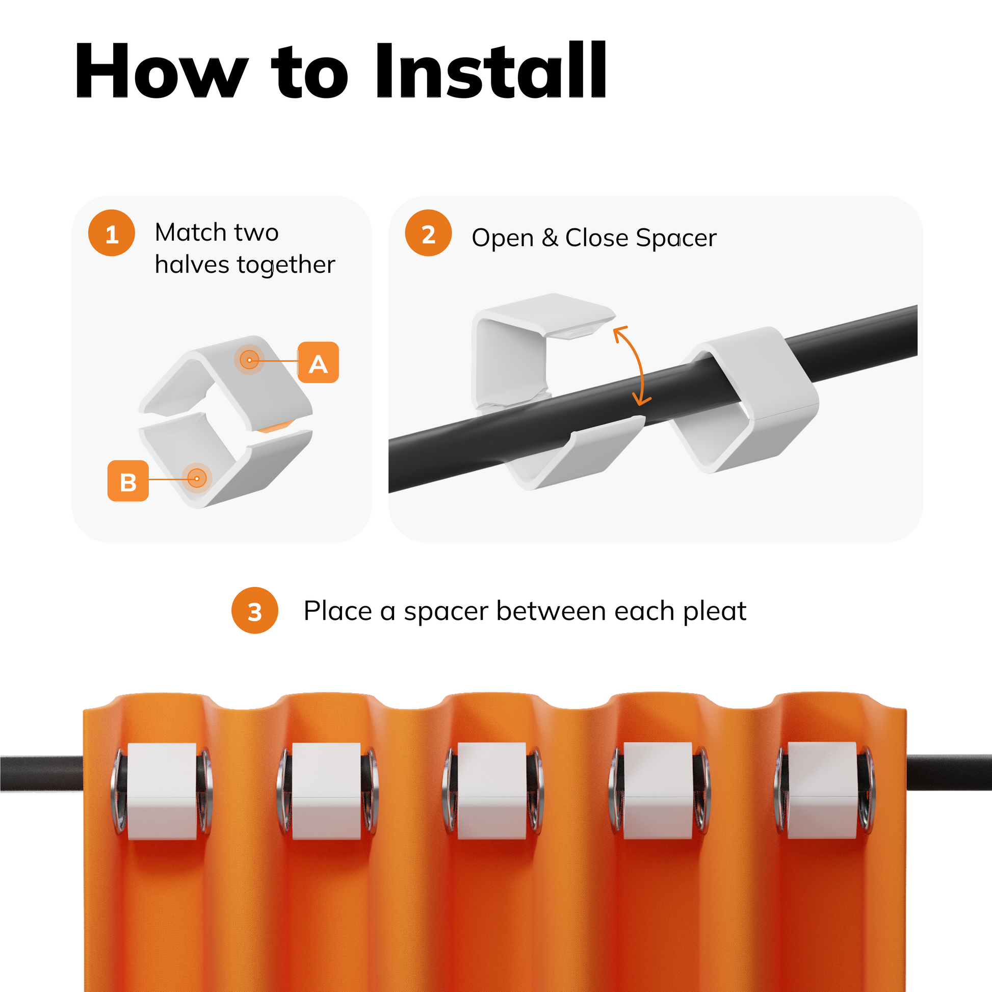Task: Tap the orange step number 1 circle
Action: (x=112, y=233)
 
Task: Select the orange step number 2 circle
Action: (x=428, y=233)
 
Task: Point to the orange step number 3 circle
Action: (x=255, y=611)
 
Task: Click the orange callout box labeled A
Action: (x=318, y=362)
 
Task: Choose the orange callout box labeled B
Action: (x=128, y=481)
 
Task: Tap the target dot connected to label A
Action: (x=250, y=360)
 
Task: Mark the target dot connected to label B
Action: (x=197, y=479)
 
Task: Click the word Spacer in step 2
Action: (x=676, y=238)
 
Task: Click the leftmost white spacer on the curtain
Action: (x=162, y=791)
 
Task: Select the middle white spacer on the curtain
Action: (x=491, y=791)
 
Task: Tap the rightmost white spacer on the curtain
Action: (x=822, y=791)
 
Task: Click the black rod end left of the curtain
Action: (x=42, y=773)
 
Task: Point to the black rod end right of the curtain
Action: (x=949, y=772)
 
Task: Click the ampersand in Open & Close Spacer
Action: (x=550, y=238)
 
